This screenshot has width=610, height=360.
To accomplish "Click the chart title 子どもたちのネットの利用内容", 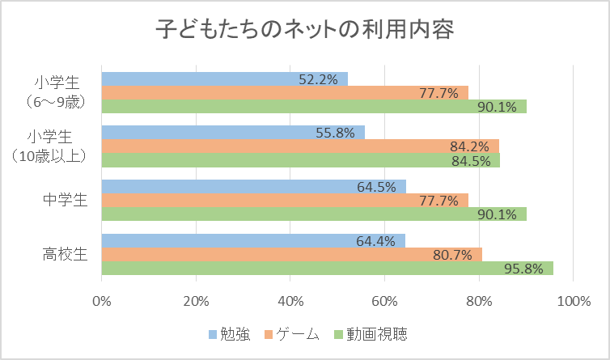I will tap(305, 31).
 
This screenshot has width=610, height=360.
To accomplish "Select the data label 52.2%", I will tap(318, 79).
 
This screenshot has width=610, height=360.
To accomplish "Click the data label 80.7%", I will tap(451, 255).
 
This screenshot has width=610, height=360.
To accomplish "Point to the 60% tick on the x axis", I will tap(384, 301).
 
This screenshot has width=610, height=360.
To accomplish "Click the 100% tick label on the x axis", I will tap(573, 301).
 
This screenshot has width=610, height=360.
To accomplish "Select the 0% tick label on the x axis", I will tap(102, 301).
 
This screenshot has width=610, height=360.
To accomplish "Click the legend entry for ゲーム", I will tap(292, 334).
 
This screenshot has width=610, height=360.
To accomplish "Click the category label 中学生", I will tap(66, 201).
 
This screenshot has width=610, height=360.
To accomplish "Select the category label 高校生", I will tap(66, 254).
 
